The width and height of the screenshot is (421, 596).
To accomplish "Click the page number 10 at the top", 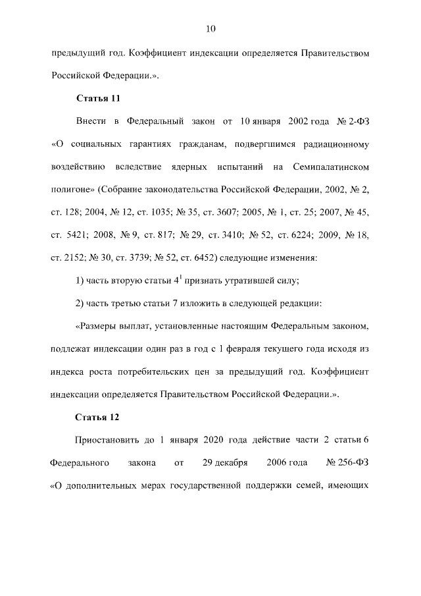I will [210, 28].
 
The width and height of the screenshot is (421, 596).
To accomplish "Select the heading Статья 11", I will [97, 99].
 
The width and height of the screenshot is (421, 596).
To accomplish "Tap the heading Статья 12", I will [97, 417].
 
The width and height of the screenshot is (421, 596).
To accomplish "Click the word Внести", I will [91, 122].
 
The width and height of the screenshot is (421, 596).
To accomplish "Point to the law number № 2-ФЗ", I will [355, 122].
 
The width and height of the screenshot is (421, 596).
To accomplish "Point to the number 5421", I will [78, 235].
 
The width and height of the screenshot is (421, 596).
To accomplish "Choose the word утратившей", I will [247, 281].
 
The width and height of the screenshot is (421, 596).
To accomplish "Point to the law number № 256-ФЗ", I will [348, 463].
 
